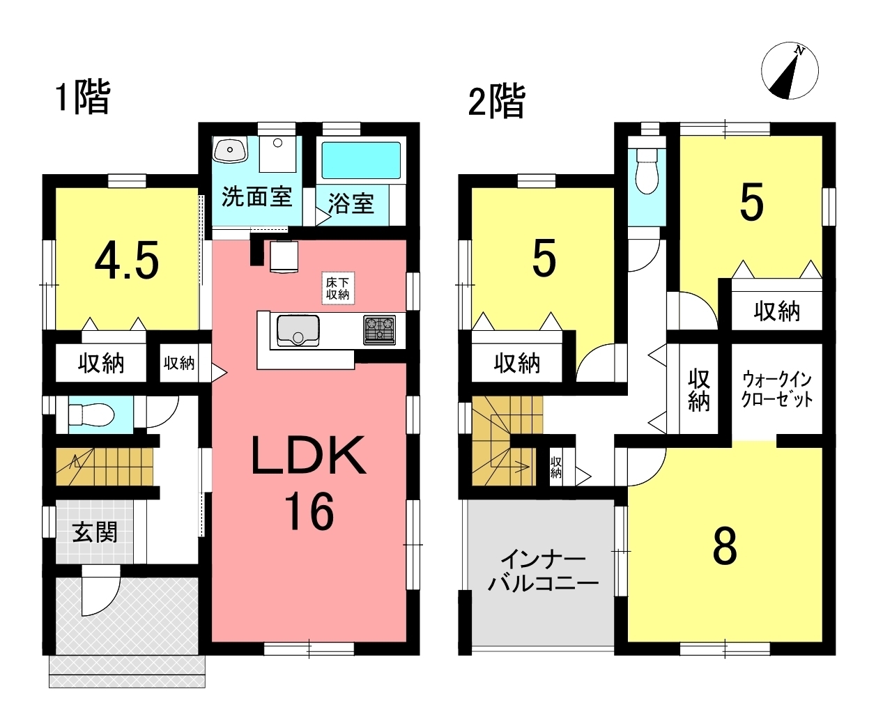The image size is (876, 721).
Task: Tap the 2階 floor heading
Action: coord(497,101)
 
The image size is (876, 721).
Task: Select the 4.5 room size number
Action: coord(127,261)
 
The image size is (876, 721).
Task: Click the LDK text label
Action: coord(309,455)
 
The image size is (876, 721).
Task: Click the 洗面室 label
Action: coord(256,196)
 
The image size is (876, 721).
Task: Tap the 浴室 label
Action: coord(351,203)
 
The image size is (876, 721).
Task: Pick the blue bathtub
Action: coord(361,160)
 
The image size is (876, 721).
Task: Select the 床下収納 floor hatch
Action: coord(338,288)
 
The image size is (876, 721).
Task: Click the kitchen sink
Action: coord(298,331)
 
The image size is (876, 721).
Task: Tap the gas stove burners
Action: coord(379,330)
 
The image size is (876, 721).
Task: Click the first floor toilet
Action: coord(91,415)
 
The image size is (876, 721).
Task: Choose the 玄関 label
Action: coord(95,532)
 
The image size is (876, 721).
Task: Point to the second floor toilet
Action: coord(647,171)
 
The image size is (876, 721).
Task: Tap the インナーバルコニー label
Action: coord(544,573)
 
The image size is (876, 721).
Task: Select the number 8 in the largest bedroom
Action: coord(725,546)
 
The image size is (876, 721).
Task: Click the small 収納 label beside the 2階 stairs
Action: coord(555,467)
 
